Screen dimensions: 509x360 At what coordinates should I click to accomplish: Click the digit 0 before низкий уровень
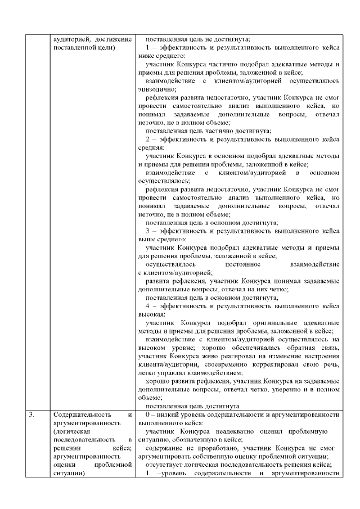click(x=147, y=415)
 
